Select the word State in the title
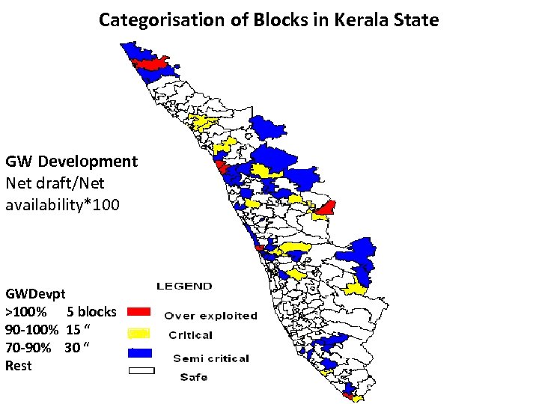tap(415, 19)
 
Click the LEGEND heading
tap(183, 286)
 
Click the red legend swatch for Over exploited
tap(139, 311)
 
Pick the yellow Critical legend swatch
tap(139, 331)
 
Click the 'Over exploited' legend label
tap(210, 316)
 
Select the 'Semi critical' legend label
tap(211, 358)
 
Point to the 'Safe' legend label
tap(194, 377)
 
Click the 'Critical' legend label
tap(190, 335)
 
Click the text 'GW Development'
tap(71, 161)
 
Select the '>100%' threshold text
tap(27, 311)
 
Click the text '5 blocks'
tap(91, 311)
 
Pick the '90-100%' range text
tap(31, 329)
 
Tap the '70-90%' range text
tap(28, 347)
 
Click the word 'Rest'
tap(19, 366)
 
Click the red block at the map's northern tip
tap(153, 64)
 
